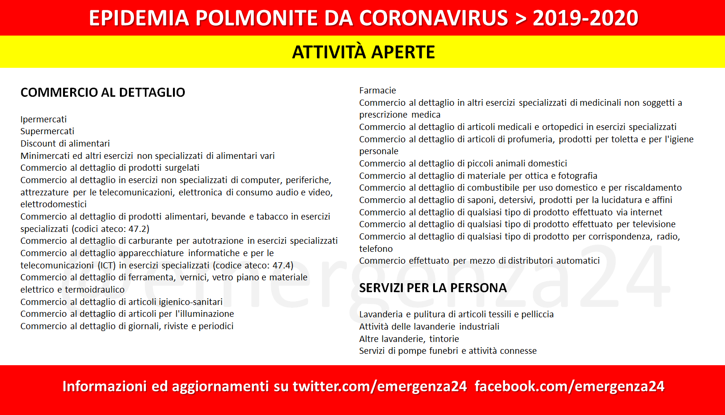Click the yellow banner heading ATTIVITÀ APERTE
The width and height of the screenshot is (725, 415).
coord(363,52)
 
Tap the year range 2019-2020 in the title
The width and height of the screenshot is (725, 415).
coord(586,18)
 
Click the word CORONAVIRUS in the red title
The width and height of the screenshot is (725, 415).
coord(434,18)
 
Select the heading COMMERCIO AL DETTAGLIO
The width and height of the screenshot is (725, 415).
coord(103,92)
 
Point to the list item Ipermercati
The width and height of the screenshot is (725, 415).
coord(44,119)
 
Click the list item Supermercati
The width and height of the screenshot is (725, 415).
coord(47,131)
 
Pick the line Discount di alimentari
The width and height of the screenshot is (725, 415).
coord(65,143)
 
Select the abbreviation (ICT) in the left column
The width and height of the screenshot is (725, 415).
coord(107,265)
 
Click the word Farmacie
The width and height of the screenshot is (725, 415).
coord(377,91)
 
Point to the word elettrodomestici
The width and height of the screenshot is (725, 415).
coord(54,204)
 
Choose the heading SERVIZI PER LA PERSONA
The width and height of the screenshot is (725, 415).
coord(433,288)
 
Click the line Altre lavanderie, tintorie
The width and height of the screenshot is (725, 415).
coord(409,339)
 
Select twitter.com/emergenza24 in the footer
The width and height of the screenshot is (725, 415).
coord(380,387)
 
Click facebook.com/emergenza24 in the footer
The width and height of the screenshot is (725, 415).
coord(570,387)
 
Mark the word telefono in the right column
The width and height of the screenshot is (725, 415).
coord(376,249)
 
